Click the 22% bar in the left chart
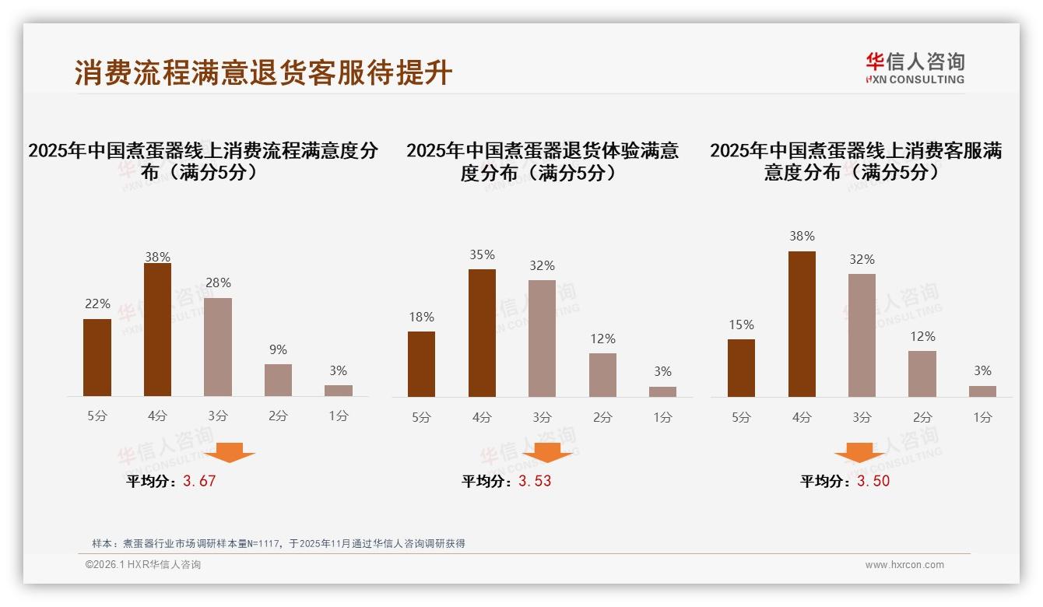(97, 358)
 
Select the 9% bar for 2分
(278, 380)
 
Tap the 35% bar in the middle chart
(482, 333)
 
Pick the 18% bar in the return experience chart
(421, 364)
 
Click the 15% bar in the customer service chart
(741, 368)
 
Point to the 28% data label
(218, 283)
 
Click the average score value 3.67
(199, 481)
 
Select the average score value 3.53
(535, 481)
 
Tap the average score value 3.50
(873, 481)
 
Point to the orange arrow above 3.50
(859, 452)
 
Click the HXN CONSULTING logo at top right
(915, 68)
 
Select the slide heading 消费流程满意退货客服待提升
(263, 72)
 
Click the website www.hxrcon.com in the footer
(904, 565)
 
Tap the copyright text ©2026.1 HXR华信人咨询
(143, 565)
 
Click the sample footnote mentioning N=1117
(278, 543)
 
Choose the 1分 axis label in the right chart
(982, 417)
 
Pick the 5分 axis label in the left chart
(97, 416)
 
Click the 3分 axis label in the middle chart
(542, 417)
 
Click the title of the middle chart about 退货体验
(543, 161)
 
